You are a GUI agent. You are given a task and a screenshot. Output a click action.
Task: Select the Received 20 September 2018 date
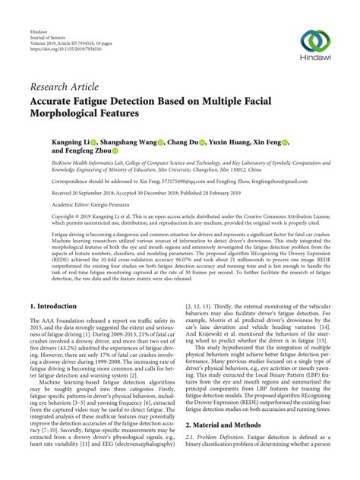[70, 193]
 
